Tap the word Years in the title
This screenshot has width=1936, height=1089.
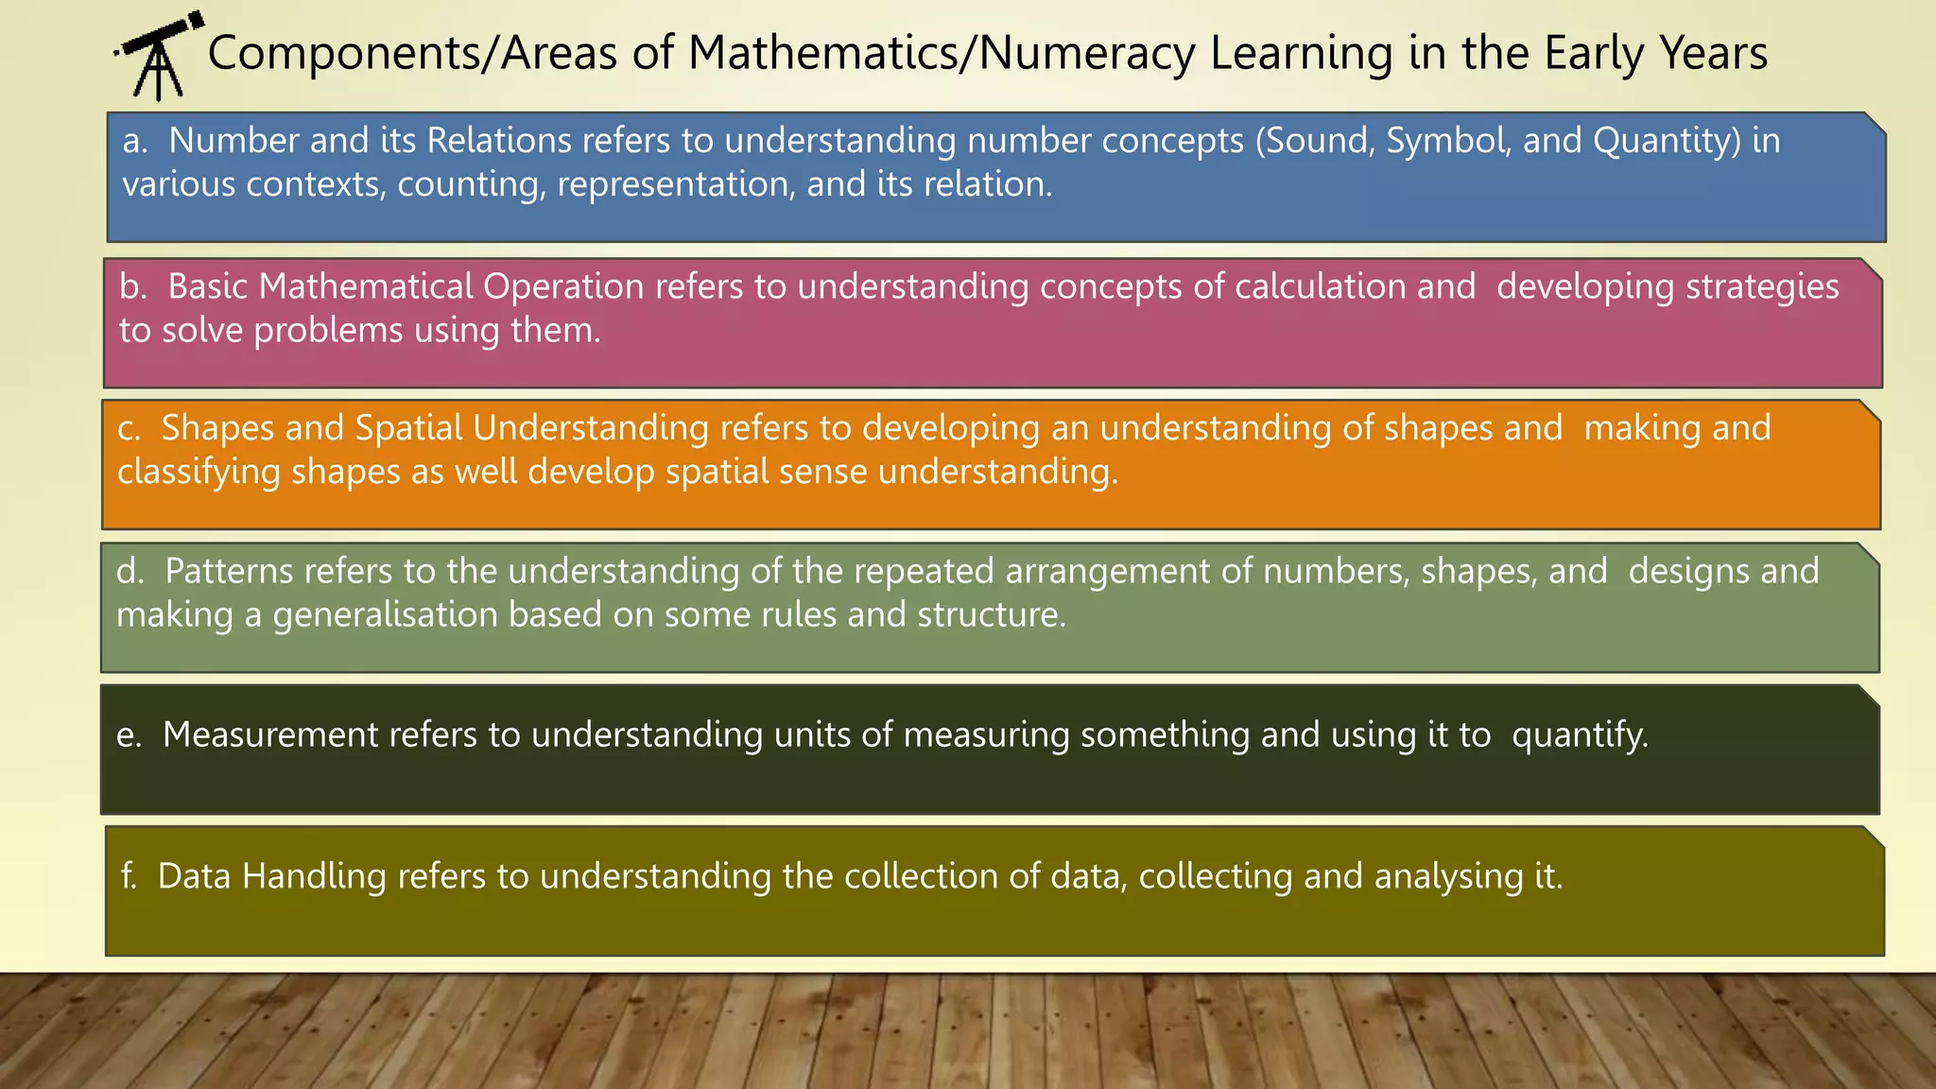1713,53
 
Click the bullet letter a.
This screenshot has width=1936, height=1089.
134,141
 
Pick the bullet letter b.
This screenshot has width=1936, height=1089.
132,286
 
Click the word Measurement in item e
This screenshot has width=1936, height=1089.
270,735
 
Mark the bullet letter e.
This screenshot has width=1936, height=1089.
128,735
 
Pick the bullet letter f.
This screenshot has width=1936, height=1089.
129,876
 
